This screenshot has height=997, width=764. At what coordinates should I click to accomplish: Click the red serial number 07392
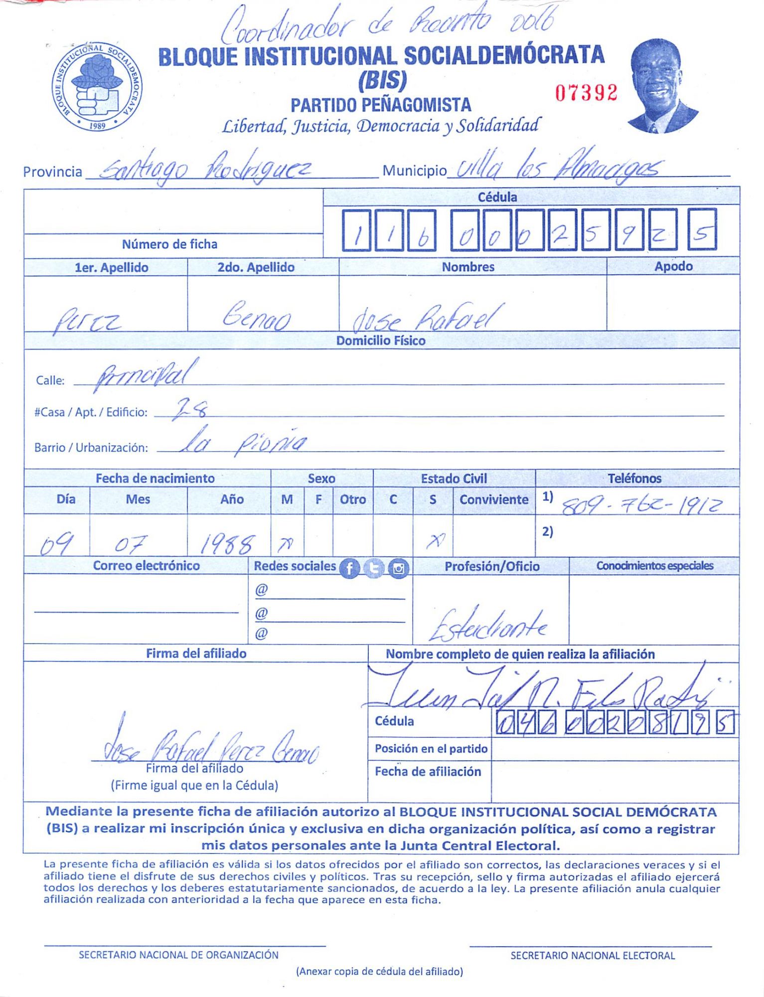(586, 93)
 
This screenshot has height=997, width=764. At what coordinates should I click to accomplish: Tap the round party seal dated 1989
(97, 87)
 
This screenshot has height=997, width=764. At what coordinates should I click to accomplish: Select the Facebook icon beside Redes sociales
(349, 568)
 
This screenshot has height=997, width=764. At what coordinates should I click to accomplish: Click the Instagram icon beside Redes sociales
(398, 568)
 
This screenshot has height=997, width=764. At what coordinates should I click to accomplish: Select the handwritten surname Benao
(257, 317)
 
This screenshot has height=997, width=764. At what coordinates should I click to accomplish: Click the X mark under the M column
(286, 545)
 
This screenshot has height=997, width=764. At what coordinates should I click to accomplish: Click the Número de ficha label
(169, 244)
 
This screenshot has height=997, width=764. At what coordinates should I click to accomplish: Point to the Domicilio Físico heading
(381, 341)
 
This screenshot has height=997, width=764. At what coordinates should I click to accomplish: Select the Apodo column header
(673, 266)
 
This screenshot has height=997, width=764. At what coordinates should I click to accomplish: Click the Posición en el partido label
(431, 749)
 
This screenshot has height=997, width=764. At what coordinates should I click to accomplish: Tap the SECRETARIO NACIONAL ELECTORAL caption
(592, 956)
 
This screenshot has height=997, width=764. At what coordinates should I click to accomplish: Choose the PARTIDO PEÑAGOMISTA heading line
(381, 105)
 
